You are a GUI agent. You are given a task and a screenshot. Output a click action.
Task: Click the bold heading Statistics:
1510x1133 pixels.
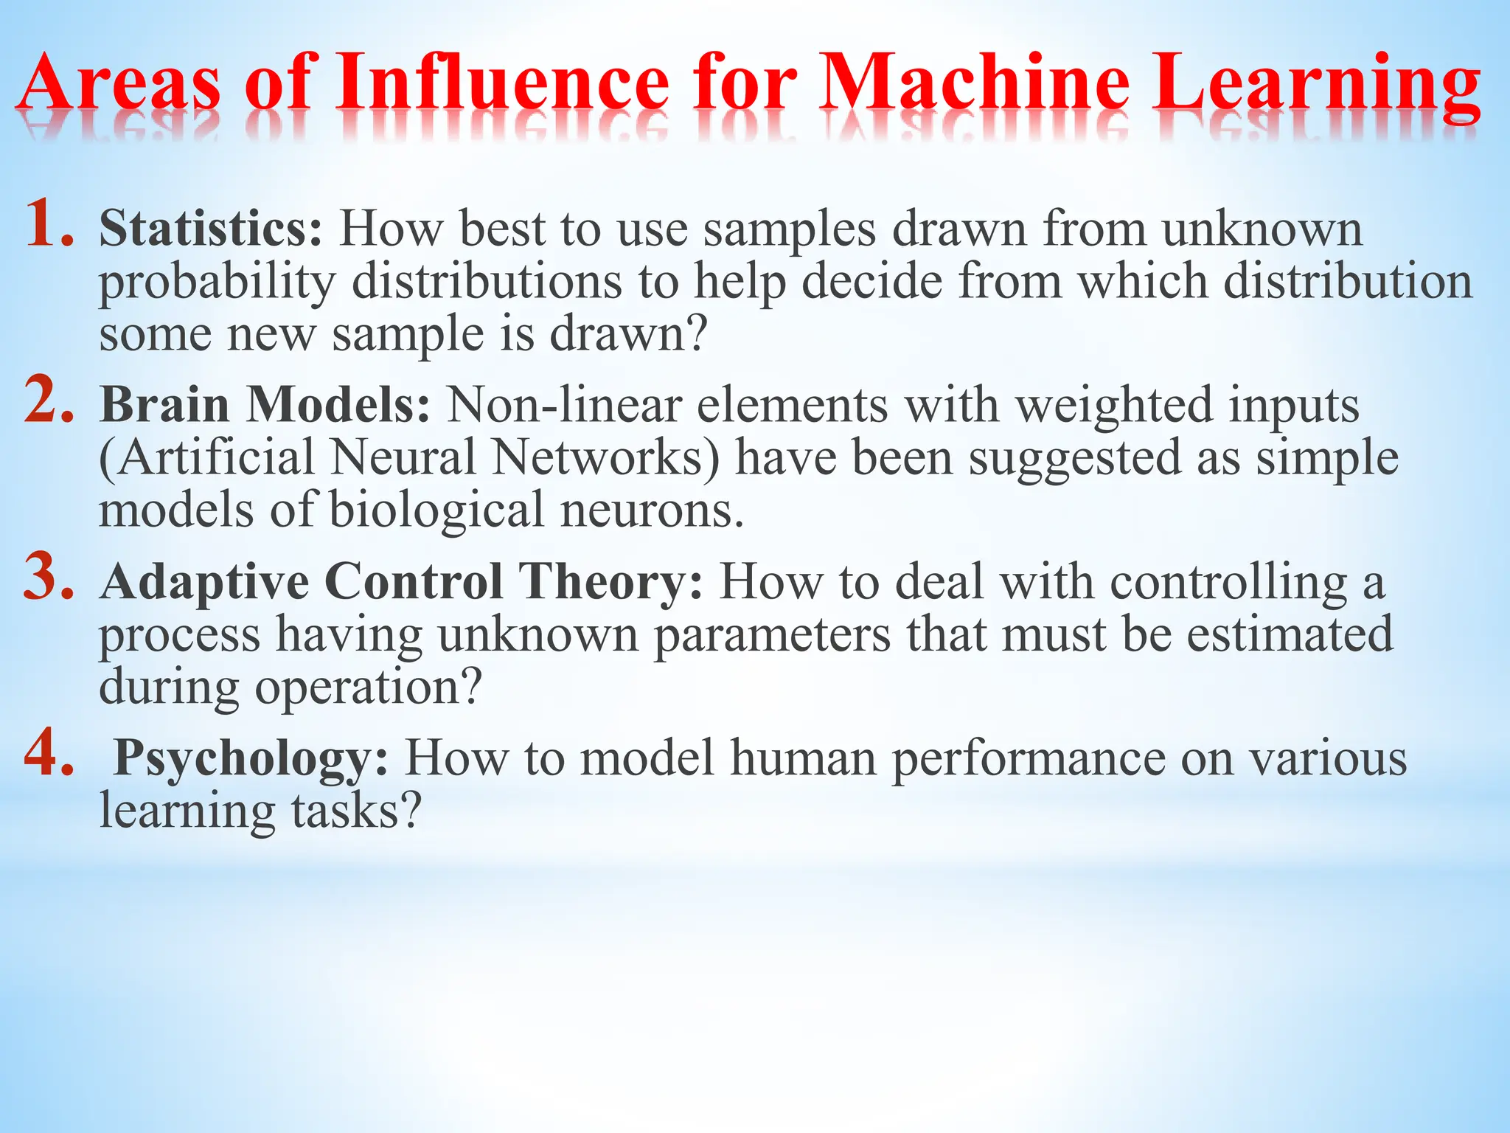coord(211,229)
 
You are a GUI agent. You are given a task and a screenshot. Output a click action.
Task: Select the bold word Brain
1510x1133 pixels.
coord(164,405)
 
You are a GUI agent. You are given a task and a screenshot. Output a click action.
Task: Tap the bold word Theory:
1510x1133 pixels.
coord(611,582)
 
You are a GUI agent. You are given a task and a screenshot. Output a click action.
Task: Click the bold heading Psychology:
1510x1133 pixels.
coord(251,758)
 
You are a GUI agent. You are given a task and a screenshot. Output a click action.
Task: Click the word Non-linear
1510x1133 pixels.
coord(563,405)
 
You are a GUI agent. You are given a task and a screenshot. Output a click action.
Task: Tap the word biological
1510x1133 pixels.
coord(436,511)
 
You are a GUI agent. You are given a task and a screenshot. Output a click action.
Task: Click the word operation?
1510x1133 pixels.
coord(368,688)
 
